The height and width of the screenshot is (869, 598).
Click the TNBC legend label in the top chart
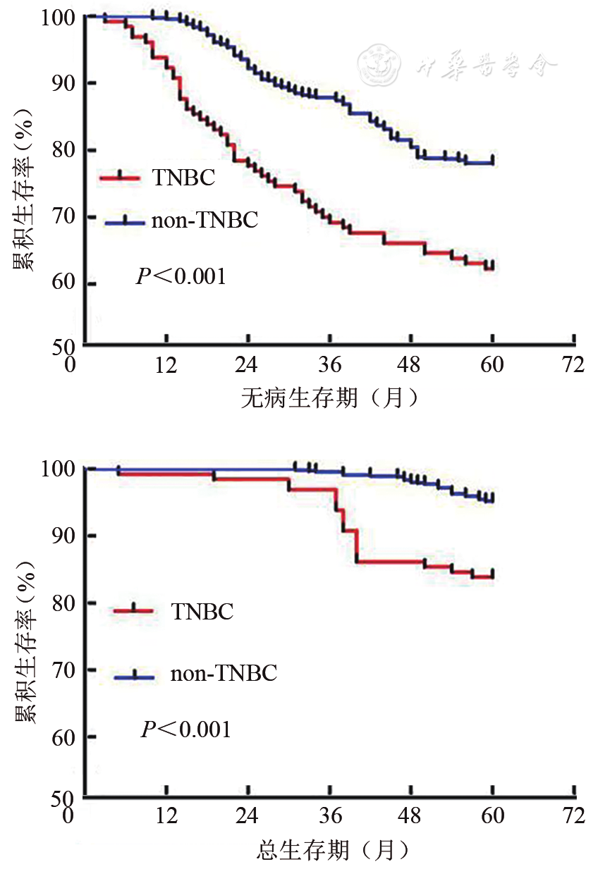tap(183, 177)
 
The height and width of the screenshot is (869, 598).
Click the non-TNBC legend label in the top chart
tap(205, 221)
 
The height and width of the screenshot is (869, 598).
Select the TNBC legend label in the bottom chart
tap(202, 611)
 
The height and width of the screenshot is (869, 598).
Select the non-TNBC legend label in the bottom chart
tap(224, 673)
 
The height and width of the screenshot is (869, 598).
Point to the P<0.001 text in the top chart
tap(181, 276)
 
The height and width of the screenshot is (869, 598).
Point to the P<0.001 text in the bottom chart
tap(185, 729)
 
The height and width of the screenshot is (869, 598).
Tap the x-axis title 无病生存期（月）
tap(329, 399)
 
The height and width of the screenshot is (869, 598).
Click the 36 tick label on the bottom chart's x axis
tap(329, 817)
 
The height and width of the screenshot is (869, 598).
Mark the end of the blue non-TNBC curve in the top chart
tap(492, 161)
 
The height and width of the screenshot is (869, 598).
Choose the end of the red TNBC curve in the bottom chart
tap(492, 576)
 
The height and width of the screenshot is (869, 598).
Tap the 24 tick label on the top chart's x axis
tap(247, 365)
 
